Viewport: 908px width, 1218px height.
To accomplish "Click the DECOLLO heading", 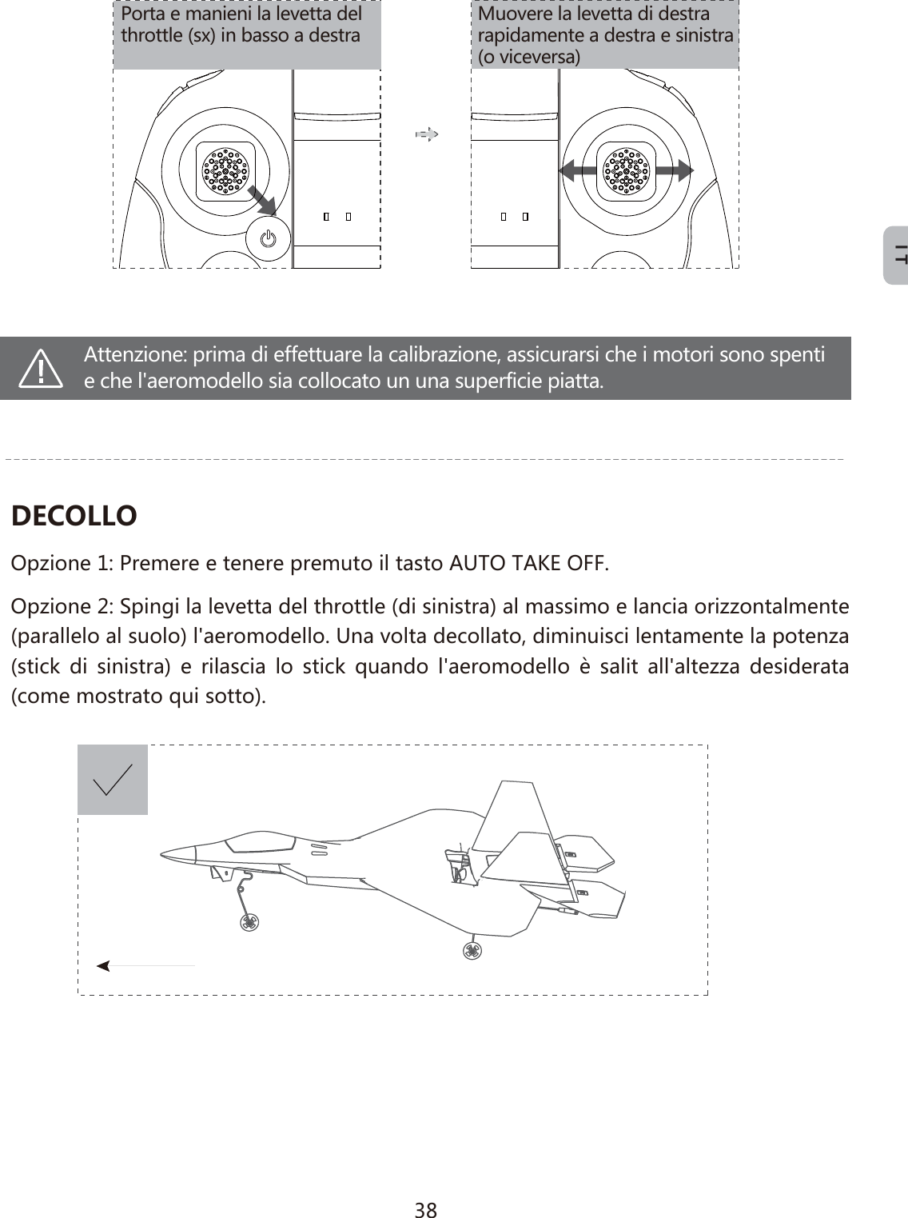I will click(x=74, y=516).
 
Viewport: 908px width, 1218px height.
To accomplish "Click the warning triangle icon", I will click(x=42, y=369).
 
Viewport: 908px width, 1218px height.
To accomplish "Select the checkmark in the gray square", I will click(x=113, y=780).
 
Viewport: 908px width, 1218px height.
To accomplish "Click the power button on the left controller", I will click(x=269, y=238).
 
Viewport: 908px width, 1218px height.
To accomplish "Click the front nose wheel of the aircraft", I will click(x=249, y=922).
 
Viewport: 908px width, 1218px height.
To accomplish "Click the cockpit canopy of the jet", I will click(x=260, y=841).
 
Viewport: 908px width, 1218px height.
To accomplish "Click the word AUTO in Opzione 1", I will click(x=474, y=563).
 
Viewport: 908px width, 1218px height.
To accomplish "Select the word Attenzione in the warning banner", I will click(x=135, y=354).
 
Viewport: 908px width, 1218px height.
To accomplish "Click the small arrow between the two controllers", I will click(x=427, y=134).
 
